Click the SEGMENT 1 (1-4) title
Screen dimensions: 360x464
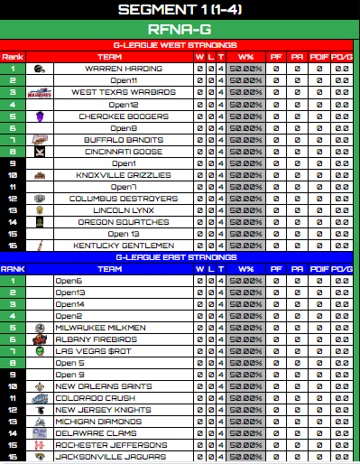point(180,10)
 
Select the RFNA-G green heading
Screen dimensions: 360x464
point(180,29)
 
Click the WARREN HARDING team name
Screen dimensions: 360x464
point(123,69)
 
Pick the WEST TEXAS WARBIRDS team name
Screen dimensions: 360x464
point(123,92)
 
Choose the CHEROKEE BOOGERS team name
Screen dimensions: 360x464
point(123,116)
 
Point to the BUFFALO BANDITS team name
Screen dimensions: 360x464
point(123,139)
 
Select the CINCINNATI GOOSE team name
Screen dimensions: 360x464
point(123,152)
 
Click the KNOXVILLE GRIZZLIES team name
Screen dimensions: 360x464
point(123,175)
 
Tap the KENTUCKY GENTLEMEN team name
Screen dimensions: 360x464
point(123,246)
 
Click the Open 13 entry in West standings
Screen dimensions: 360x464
point(123,234)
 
